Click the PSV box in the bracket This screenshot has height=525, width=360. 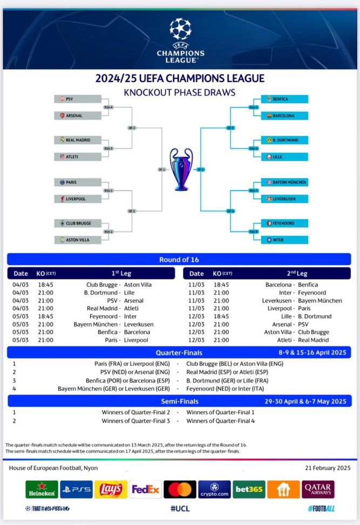click(78, 99)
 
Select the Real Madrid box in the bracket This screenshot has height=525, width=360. click(78, 140)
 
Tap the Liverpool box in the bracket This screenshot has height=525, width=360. click(78, 199)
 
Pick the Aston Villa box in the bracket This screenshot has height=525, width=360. click(78, 240)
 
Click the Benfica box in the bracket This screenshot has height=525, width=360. click(284, 99)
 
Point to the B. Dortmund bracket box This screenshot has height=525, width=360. click(284, 140)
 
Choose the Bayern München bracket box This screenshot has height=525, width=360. click(284, 182)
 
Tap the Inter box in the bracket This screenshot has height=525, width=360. click(284, 240)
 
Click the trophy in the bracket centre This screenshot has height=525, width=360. click(180, 169)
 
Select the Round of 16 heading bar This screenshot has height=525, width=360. click(179, 260)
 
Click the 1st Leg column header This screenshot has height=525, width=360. click(119, 274)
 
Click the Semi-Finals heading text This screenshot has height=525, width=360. click(179, 401)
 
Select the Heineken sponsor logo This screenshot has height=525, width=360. click(42, 489)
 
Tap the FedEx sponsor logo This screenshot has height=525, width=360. click(145, 489)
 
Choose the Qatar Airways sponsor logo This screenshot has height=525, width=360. click(318, 489)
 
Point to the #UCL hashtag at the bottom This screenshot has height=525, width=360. click(179, 509)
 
